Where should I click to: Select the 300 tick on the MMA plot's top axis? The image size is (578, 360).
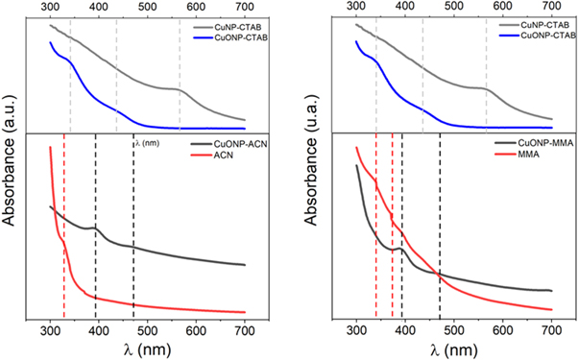(356, 8)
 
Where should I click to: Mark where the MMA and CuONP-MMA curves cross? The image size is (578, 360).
(439, 275)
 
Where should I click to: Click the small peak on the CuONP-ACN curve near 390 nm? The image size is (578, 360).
(92, 228)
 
